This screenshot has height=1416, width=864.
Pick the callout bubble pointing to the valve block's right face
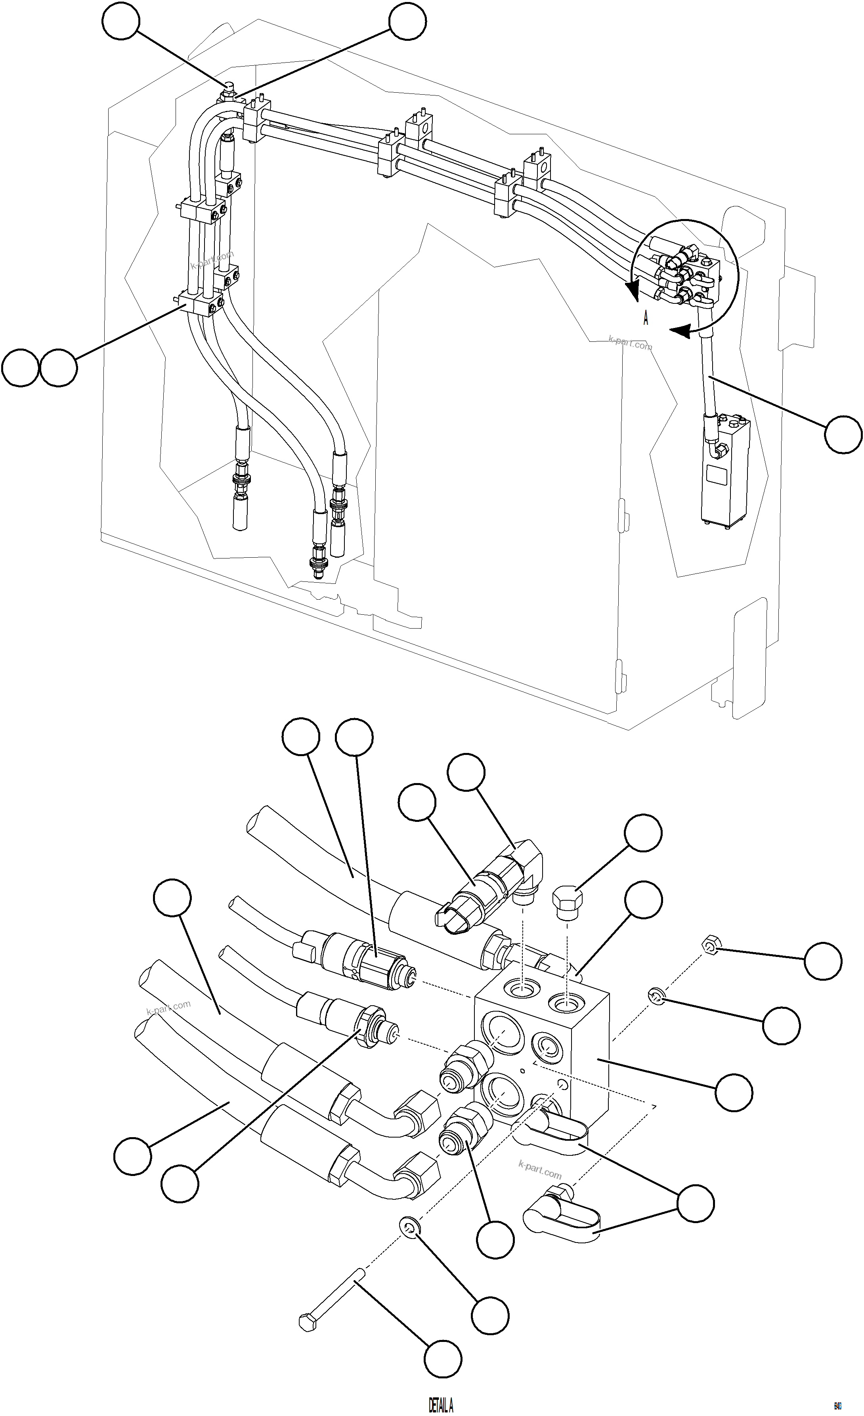click(x=734, y=1091)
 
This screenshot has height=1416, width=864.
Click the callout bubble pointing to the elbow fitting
click(x=466, y=772)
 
